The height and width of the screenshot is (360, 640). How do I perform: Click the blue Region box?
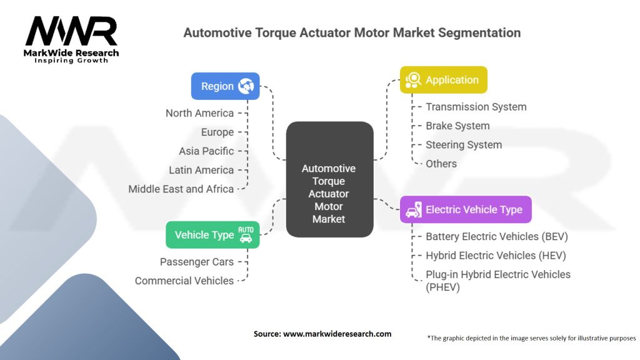coord(225,86)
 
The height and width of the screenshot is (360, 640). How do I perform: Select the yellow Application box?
coord(443,80)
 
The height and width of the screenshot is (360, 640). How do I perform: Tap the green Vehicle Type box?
coord(212,235)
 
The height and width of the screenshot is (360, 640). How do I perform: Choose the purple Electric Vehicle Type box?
coord(466,209)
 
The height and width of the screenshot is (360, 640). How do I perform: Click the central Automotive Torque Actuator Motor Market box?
coord(329,179)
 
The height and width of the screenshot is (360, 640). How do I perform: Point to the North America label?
coord(199,113)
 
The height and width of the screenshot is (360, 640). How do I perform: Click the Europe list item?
coord(217,132)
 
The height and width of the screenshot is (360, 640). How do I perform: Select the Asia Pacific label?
coord(206,151)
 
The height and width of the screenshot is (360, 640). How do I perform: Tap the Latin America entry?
coord(201,169)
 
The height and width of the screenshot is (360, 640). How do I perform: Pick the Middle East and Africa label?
coord(181,189)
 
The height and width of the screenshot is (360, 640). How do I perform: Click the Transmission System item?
coord(476,107)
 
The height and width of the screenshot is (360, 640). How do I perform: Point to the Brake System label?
coord(457,126)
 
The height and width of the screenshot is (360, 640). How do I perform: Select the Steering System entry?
coord(464,144)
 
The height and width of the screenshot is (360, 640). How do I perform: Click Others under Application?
coord(441,164)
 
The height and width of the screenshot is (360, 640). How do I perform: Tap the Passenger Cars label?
coord(197,262)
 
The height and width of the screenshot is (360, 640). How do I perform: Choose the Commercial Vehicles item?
coord(184,281)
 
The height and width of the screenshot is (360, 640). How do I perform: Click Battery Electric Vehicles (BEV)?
coord(497,236)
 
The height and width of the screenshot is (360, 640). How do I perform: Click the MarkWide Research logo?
coord(71,39)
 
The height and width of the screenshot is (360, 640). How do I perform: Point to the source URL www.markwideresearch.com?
coord(337,334)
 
